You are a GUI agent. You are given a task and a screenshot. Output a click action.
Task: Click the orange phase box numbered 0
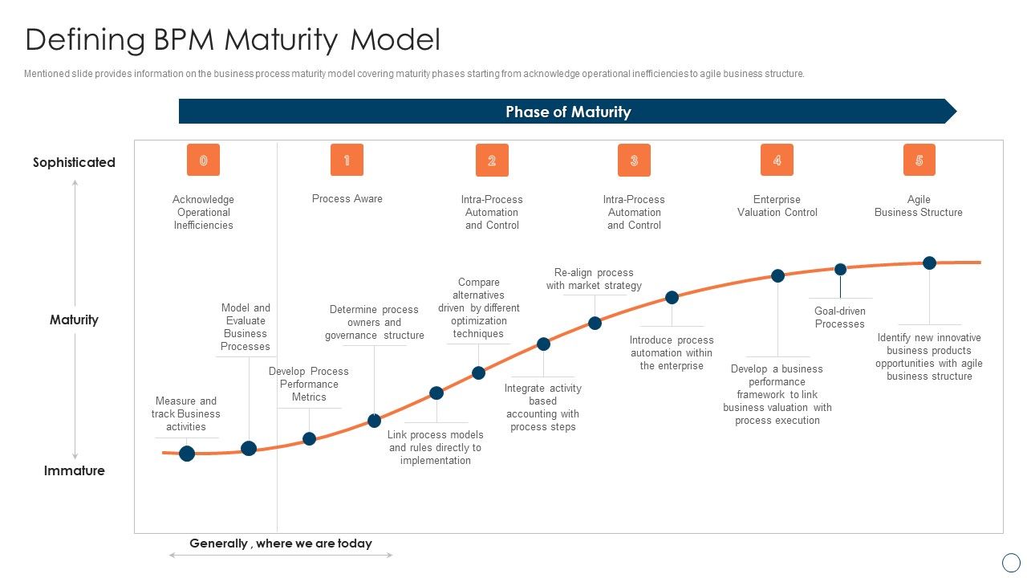coord(203,160)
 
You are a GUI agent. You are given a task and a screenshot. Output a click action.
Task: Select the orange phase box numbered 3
coord(634,160)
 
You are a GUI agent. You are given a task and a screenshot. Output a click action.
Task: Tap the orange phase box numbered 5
coord(919,160)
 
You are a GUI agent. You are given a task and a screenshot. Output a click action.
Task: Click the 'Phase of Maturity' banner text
coord(568,112)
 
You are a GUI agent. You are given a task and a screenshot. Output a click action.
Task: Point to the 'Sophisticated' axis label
coord(74,162)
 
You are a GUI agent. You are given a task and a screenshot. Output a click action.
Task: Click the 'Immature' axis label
coord(74,470)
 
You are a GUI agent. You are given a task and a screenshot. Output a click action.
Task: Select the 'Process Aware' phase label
coord(347,199)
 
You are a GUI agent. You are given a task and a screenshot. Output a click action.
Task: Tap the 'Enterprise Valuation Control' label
coord(777,206)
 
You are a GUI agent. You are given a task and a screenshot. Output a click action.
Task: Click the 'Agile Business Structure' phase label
coord(918,206)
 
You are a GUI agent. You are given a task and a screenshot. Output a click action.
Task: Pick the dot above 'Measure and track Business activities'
coord(187,454)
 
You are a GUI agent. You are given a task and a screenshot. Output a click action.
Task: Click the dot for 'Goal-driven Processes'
coord(840,270)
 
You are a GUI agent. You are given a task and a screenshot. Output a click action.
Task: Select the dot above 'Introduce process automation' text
coord(672,298)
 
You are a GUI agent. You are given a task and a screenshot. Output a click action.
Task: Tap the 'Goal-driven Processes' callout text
coord(839,317)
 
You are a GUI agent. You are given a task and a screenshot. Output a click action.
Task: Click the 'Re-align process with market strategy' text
coord(594,279)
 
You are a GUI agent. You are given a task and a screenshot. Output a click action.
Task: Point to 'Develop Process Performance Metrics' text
coord(309,384)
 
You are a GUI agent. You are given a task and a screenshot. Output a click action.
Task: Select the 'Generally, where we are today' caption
coord(281,543)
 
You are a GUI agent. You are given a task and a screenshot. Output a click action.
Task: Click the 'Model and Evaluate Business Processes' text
coord(246,327)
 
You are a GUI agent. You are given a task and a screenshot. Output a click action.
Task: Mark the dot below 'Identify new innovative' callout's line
coord(929,263)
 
